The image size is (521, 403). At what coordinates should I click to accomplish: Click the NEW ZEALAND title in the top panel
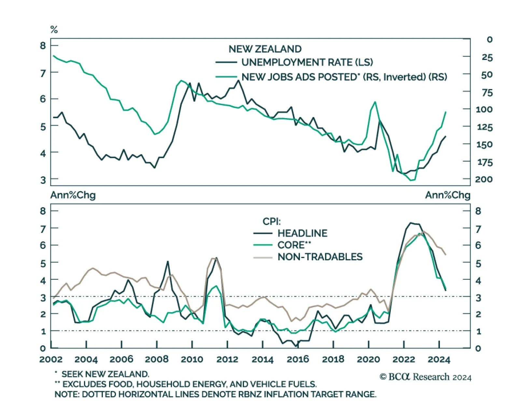point(265,49)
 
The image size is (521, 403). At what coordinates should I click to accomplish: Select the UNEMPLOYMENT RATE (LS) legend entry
point(307,62)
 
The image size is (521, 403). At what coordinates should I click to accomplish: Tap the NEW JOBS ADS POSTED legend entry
point(344,77)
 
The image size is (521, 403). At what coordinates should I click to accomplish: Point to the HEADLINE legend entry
point(302,233)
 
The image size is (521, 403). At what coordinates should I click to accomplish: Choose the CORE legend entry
point(294,245)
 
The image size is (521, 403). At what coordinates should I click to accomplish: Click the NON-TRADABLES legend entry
point(320,257)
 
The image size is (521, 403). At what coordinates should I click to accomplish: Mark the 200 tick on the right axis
point(484,179)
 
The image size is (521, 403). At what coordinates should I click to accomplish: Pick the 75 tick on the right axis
point(487,93)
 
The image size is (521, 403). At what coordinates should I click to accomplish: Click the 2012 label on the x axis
point(227,359)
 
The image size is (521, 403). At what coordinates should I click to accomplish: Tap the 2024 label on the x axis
point(439,359)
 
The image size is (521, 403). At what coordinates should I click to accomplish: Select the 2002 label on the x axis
point(51,359)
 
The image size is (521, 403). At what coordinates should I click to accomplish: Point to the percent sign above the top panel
point(54,30)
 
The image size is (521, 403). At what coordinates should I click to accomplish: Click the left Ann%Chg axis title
point(73,195)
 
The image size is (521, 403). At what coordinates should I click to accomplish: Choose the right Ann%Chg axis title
point(448,195)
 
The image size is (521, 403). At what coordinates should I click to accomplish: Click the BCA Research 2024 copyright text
point(425,377)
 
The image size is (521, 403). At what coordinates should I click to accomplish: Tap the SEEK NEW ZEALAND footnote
point(105,374)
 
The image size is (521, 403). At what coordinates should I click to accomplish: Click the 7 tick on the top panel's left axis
point(43,73)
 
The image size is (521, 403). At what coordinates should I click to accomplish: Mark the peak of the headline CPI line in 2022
point(411,223)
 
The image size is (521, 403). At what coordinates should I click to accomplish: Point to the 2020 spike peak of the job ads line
point(375,102)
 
